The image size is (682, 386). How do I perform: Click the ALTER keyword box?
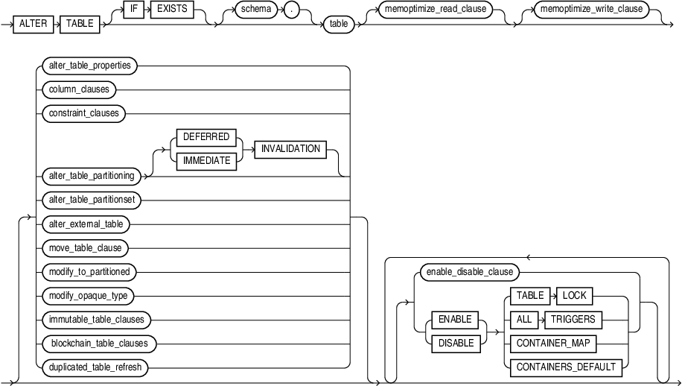33,23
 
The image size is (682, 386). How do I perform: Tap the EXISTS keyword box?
170,12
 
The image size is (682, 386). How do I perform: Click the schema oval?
249,12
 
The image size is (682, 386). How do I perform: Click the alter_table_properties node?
86,66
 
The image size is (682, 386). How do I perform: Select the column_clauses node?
75,89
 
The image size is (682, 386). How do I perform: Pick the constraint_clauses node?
80,114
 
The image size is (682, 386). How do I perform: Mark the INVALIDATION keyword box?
290,149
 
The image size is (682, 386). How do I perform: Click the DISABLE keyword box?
455,344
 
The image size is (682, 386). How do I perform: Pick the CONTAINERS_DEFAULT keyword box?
566,367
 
